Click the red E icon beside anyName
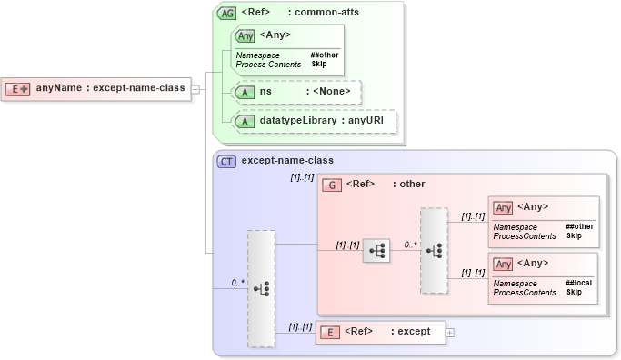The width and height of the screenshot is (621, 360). tap(18, 89)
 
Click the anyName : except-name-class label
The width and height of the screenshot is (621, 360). tap(110, 88)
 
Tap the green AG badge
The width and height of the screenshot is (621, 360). tap(226, 14)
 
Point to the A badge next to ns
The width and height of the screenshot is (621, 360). tap(244, 92)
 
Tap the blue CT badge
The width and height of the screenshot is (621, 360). tap(226, 161)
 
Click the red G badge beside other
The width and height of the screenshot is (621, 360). tap(332, 185)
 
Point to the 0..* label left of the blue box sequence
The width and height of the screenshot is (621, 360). tap(237, 283)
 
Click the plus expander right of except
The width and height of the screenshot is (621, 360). tap(450, 332)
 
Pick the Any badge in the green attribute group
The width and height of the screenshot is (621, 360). tap(245, 36)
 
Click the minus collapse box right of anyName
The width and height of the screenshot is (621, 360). tap(195, 89)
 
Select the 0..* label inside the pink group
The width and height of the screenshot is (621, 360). tap(410, 244)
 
